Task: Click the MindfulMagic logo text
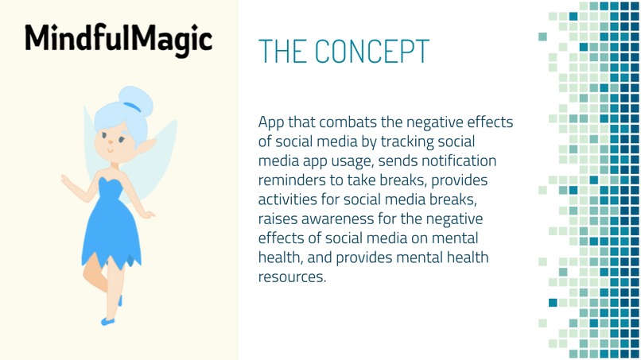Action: pos(118,37)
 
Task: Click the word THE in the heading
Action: pos(282,52)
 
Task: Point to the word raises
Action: pos(278,219)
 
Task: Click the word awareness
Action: pos(344,219)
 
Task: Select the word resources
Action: pos(291,277)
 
